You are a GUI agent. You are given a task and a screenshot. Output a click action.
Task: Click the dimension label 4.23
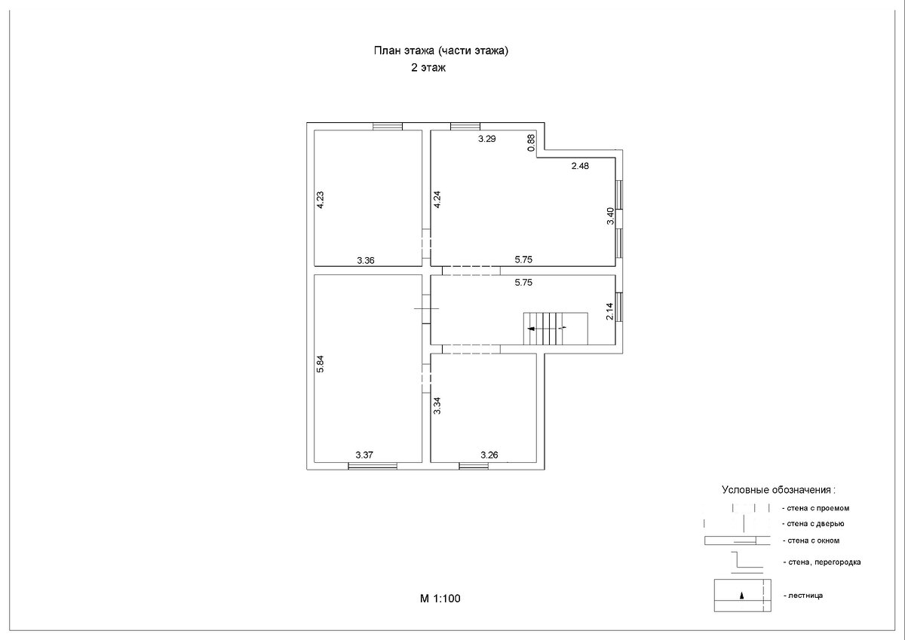point(320,200)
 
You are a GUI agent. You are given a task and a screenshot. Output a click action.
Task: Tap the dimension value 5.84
point(320,363)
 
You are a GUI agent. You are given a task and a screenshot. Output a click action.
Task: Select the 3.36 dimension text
point(366,260)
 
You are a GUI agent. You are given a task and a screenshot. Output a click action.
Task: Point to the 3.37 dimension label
point(364,455)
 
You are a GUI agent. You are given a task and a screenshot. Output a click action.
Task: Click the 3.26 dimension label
point(489,455)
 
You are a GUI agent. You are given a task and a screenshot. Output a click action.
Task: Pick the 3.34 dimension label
point(437,406)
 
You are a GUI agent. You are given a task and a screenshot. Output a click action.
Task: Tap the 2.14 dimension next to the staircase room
point(609,311)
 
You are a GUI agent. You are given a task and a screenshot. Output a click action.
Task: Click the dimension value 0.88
point(531,142)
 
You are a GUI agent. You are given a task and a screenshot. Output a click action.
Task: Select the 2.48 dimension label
point(580,166)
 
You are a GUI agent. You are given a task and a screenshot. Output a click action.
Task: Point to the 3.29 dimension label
point(487,139)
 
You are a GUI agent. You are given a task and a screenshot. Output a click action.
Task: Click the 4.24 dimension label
point(437,200)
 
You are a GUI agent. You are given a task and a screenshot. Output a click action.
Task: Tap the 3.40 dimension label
point(610,216)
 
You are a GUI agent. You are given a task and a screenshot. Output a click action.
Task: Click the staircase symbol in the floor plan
point(556,329)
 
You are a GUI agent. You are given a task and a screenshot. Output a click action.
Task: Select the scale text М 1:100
point(440,599)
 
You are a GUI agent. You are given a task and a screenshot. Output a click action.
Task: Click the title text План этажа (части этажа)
point(440,51)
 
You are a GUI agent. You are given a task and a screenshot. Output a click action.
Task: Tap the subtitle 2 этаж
point(428,67)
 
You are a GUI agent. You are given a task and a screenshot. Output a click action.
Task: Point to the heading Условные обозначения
point(778,490)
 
